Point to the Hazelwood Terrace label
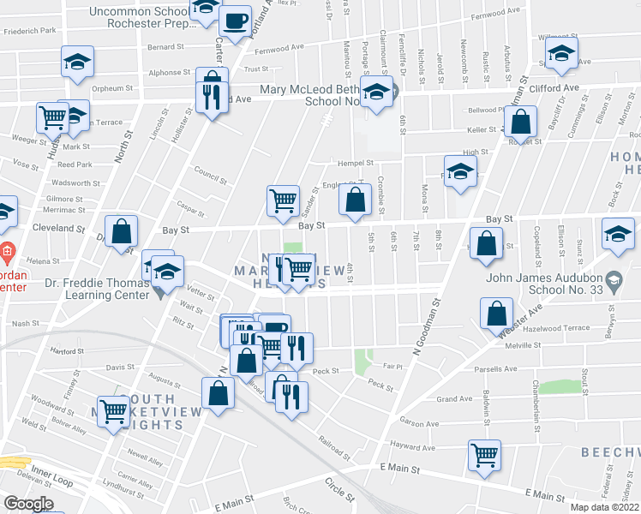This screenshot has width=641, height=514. pos(556,328)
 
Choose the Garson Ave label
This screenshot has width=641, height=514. pos(419,423)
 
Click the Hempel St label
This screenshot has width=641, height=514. pos(356,162)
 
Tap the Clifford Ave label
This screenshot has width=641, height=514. pos(559,87)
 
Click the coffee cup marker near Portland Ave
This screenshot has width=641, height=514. pos(235,21)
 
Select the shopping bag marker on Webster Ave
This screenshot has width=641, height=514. pos(496,314)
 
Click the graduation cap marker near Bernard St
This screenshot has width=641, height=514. pos(77,63)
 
